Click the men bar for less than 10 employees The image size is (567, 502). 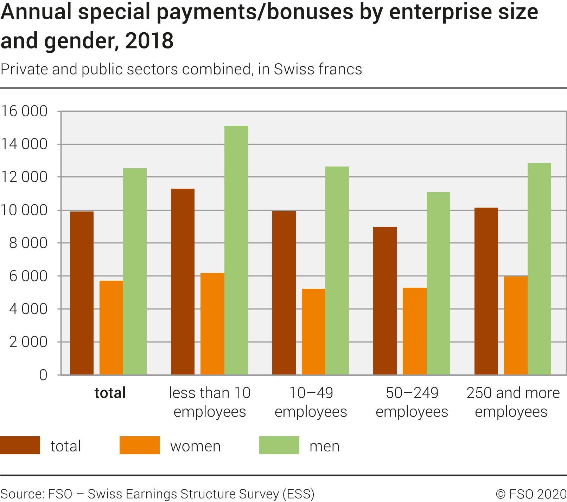coord(236,250)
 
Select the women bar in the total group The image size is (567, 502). coord(111,327)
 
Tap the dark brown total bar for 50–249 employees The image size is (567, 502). coord(385,301)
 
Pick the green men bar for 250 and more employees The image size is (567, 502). coord(539,269)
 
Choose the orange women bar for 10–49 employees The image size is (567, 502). coord(313,332)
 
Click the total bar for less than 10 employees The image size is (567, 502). coord(183,281)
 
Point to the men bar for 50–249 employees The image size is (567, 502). coord(438,283)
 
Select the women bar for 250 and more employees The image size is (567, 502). coord(516,325)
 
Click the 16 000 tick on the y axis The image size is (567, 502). coord(24,111)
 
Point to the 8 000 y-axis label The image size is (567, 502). coord(28,243)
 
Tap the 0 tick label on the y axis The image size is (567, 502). coord(43,375)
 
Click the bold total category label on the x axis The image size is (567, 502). coord(110,393)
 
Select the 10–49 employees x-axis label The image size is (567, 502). coord(311,402)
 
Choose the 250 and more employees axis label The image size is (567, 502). coord(513,402)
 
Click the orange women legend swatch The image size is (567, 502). coord(139,445)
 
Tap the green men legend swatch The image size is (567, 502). coord(279,445)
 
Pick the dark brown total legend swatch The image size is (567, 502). coord(20,445)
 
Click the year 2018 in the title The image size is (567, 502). coord(149,41)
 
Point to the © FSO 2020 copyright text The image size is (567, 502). coord(531,494)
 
